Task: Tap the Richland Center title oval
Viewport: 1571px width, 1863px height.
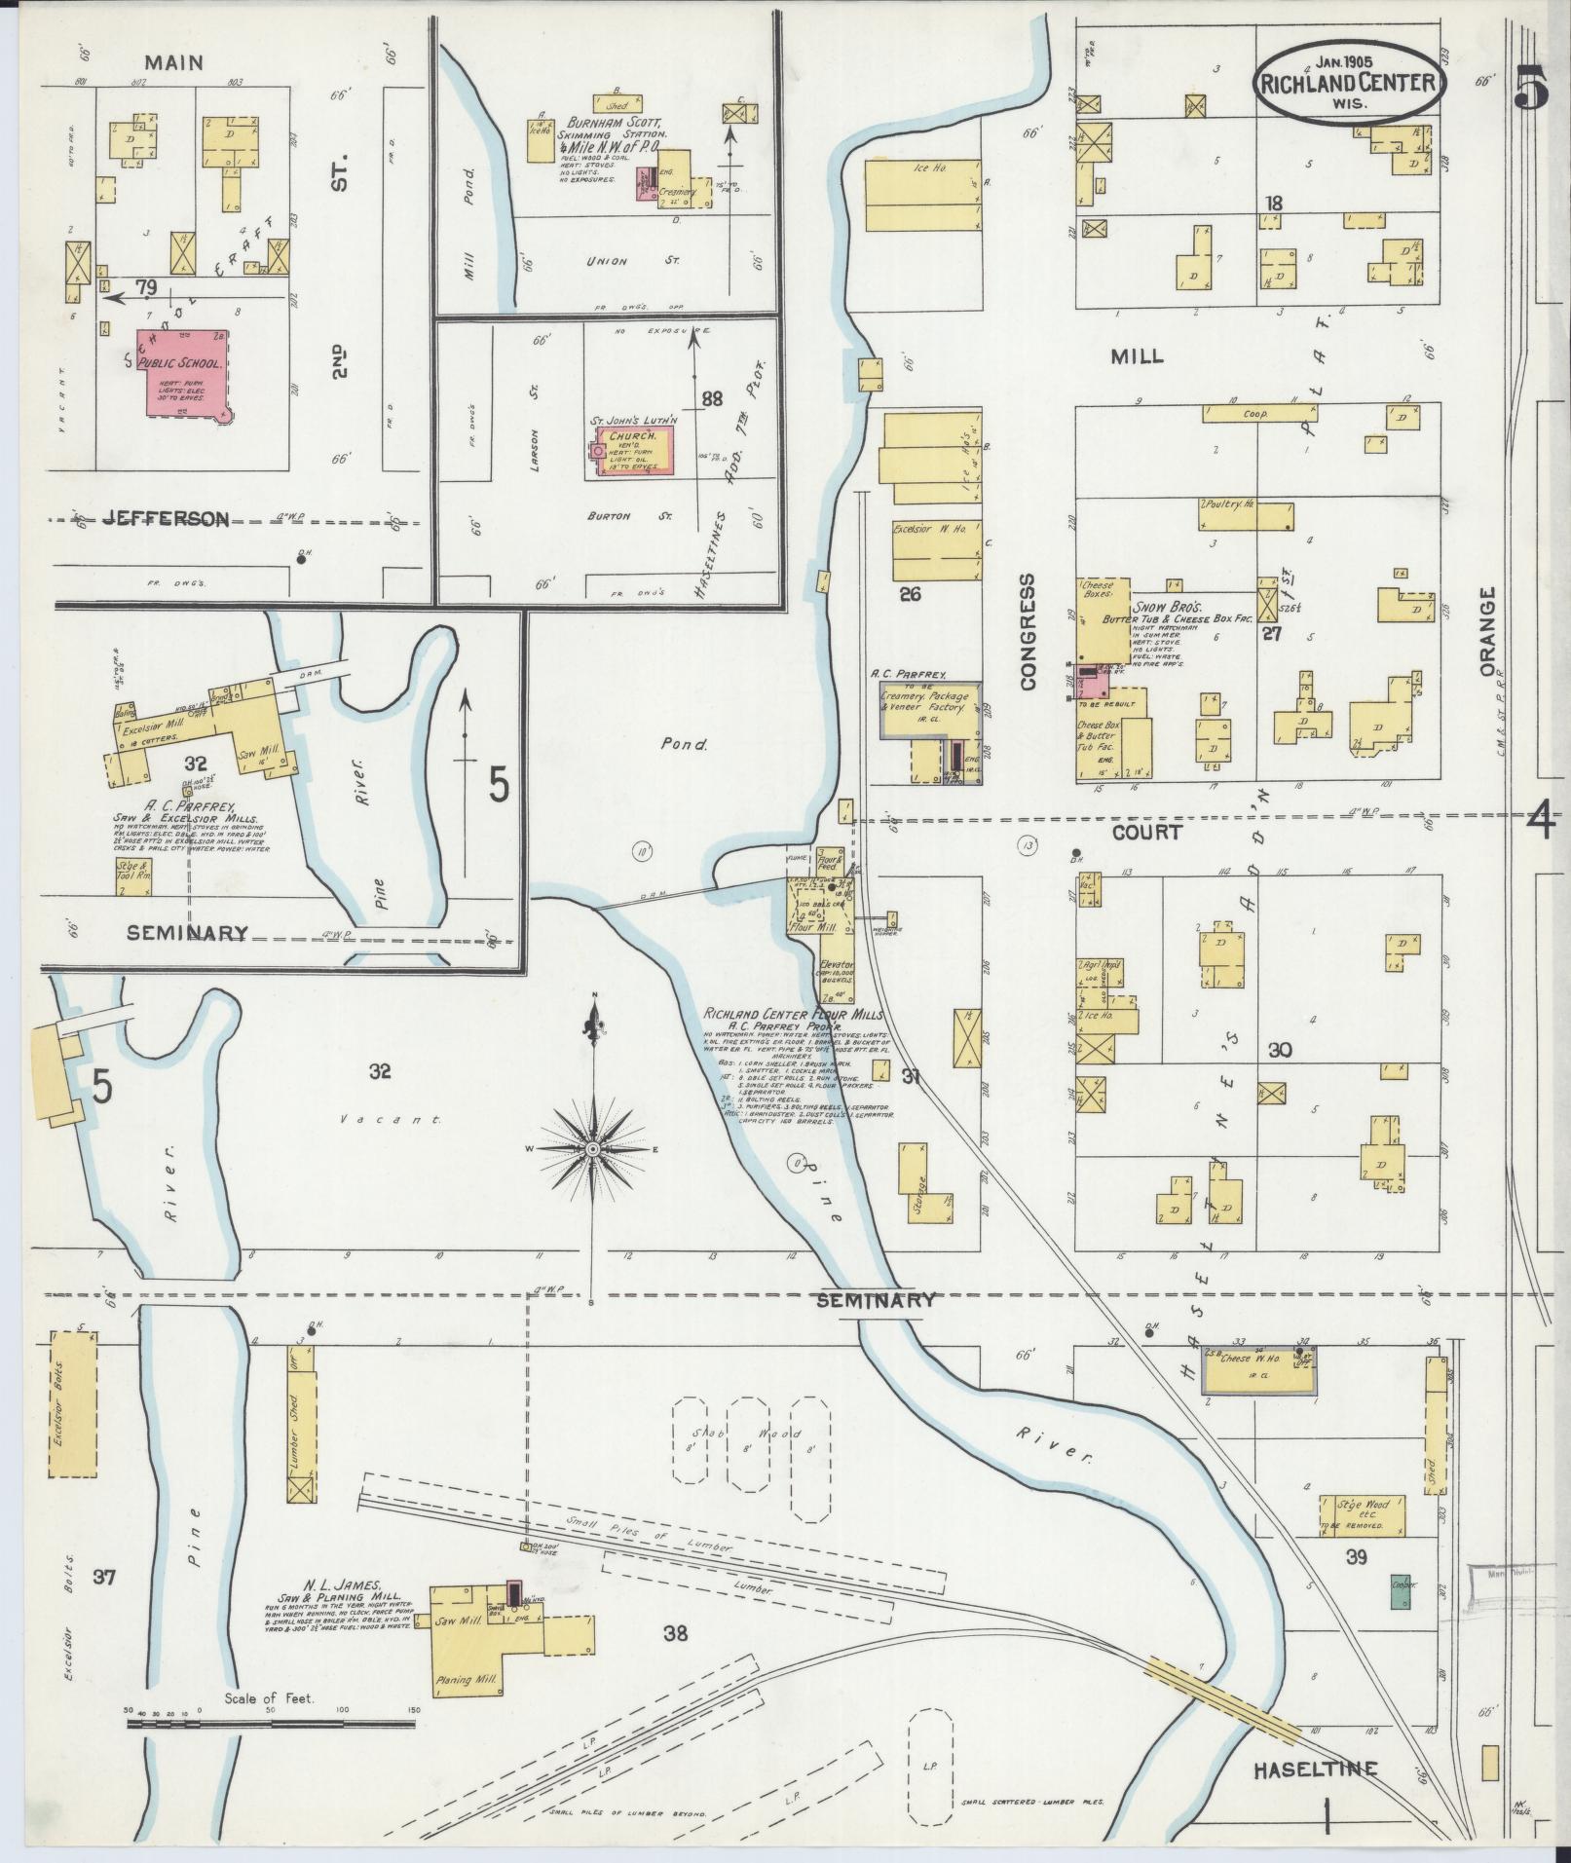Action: tap(1348, 84)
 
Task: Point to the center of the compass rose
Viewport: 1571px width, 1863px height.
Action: tap(591, 1150)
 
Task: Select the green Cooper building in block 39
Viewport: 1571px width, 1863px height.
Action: tap(1403, 1590)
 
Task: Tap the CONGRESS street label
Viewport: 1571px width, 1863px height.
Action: tap(1028, 632)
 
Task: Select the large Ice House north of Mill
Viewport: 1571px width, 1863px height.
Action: tap(921, 195)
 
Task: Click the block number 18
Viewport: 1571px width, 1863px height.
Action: tap(1273, 203)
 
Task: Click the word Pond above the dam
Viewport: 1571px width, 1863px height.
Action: tap(684, 745)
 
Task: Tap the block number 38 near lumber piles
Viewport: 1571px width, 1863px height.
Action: tap(674, 1632)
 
